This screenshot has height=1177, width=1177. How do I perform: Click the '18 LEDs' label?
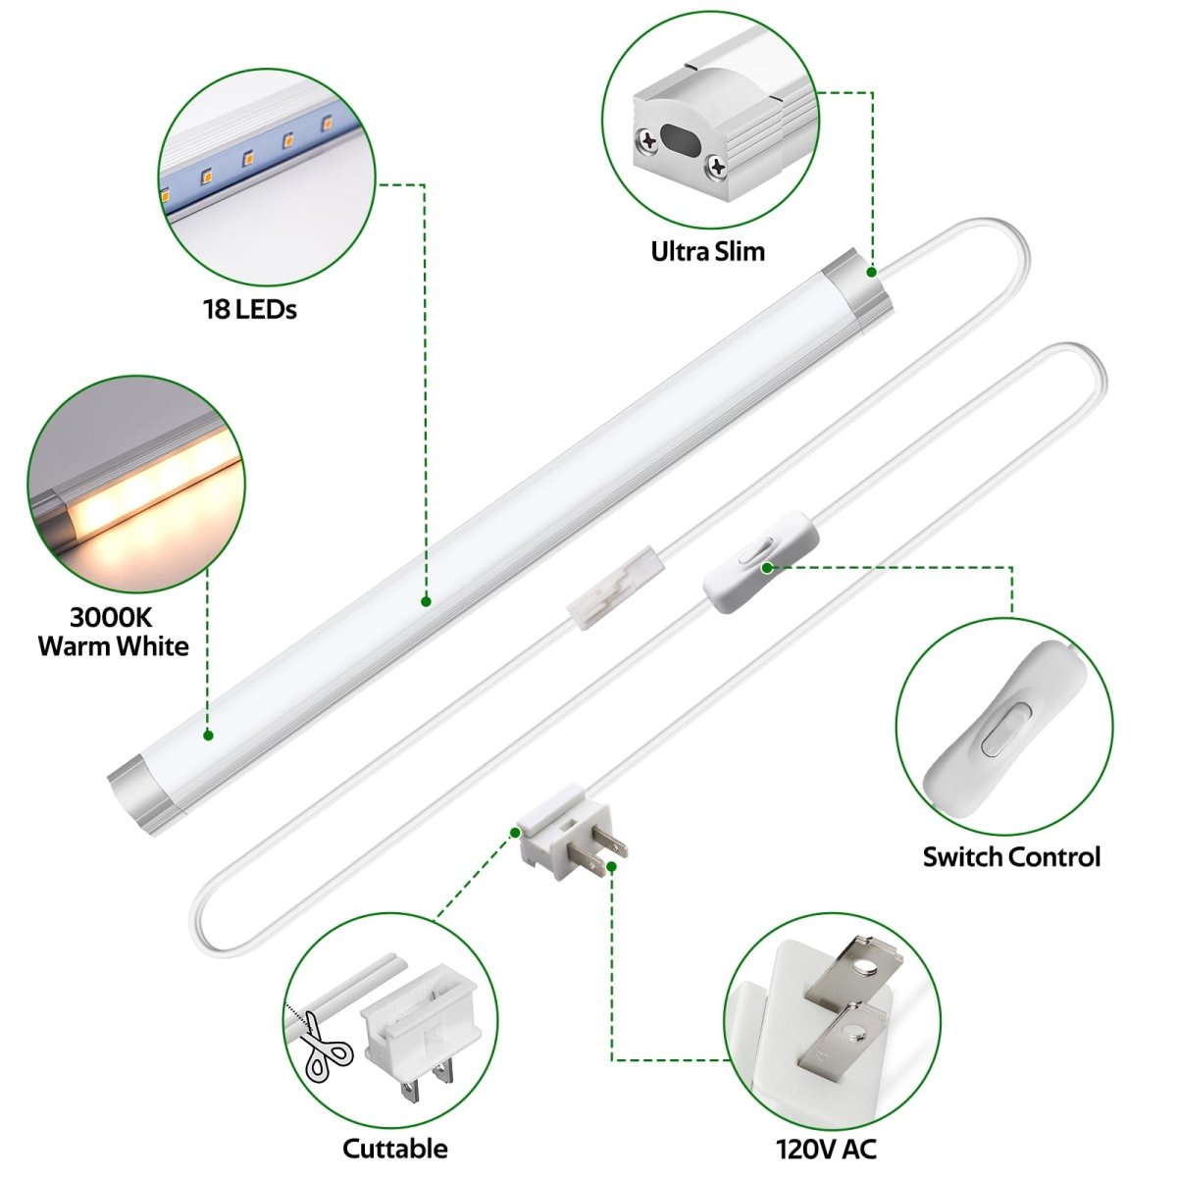(250, 309)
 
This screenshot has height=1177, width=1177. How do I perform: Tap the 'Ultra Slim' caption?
(707, 252)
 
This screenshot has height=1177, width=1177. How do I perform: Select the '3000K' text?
(111, 618)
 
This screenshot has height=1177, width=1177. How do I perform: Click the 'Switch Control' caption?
(1011, 857)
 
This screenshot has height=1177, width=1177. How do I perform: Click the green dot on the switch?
(767, 568)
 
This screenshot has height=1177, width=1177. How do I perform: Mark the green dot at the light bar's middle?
(427, 601)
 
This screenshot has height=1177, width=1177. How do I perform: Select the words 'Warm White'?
(114, 646)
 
